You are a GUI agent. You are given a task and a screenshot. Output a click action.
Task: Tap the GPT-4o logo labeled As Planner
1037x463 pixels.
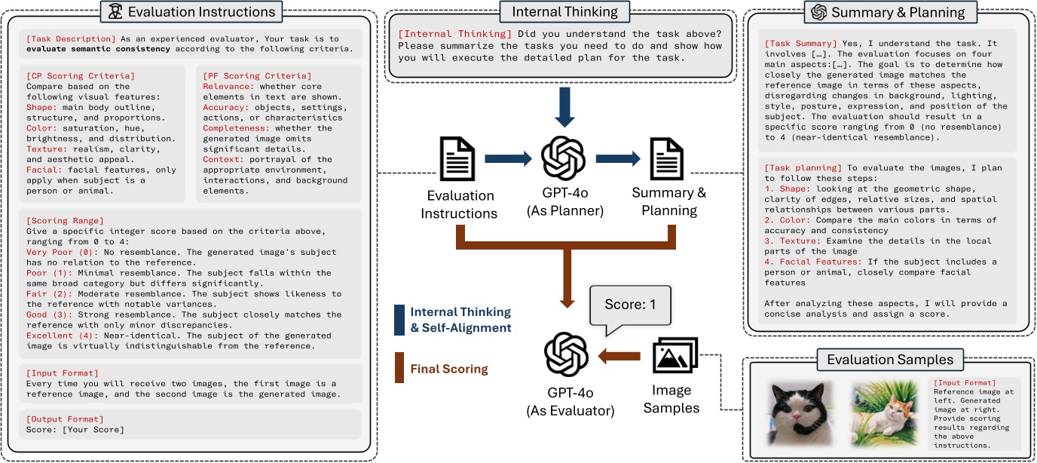coord(564,158)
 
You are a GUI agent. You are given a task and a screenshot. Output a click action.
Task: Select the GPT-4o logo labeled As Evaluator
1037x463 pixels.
coord(566,354)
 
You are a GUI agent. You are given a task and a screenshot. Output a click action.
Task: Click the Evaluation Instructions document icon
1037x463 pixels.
coord(457,159)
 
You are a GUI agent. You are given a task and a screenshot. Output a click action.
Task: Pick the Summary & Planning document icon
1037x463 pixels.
coord(667,159)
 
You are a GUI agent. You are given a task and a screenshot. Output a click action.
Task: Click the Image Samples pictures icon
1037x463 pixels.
coord(675,355)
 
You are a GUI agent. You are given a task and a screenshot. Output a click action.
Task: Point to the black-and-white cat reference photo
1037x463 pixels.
coord(800,413)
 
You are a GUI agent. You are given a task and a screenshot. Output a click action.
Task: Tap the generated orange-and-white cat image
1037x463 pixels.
coord(885,413)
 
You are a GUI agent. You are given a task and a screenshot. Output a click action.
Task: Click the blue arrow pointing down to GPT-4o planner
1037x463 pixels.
coord(564,107)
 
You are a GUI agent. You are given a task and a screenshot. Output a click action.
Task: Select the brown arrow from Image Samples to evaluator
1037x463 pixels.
coord(619,356)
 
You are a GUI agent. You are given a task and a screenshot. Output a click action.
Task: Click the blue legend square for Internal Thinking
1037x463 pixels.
coord(399,320)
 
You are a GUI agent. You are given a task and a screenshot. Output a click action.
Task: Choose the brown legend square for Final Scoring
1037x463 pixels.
coord(399,368)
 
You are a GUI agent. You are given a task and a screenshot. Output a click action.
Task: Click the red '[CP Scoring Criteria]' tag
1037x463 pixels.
coord(81,76)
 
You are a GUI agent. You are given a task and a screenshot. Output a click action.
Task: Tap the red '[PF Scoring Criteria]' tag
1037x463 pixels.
coord(257,76)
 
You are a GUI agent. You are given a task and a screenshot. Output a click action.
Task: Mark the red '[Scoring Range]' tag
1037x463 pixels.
coord(65,221)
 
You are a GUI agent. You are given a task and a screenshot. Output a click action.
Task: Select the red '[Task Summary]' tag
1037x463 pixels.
coord(800,44)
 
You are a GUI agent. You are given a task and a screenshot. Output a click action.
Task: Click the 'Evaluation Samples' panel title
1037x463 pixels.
coord(890,360)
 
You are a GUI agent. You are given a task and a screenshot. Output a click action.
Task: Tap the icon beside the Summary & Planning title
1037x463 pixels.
coord(818,12)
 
